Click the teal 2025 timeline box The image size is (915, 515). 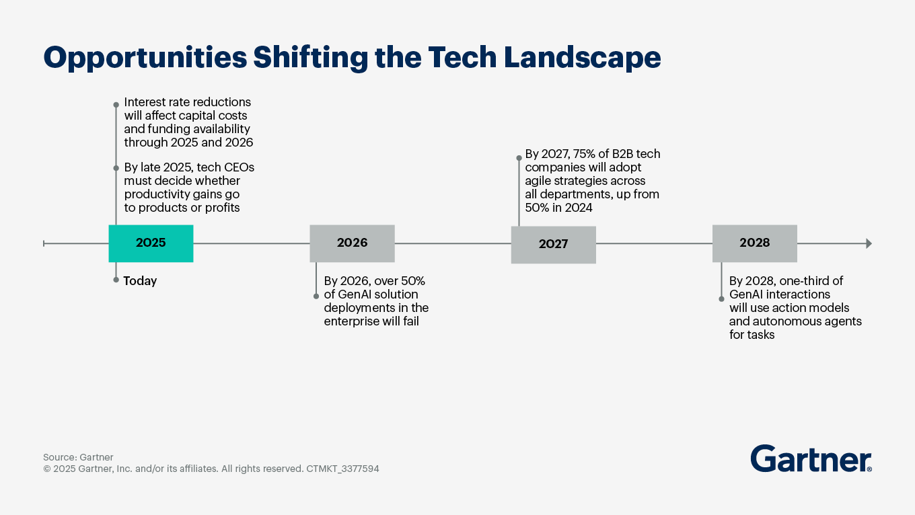point(151,243)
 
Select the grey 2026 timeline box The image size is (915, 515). point(352,243)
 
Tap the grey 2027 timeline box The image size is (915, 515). point(553,244)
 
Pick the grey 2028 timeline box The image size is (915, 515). point(754,243)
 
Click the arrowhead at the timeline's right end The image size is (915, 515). point(869,243)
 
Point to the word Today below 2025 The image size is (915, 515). point(140,281)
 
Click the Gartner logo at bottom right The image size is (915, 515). point(811,459)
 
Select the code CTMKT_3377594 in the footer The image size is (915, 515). point(342,469)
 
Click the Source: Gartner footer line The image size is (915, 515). point(78,457)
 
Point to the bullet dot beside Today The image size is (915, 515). point(116,279)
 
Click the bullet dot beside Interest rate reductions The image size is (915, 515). point(116,104)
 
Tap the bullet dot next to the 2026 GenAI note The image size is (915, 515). point(316,296)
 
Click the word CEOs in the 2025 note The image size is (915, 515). point(240,167)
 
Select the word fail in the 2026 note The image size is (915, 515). point(408,321)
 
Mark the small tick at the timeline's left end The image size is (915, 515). point(44,243)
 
